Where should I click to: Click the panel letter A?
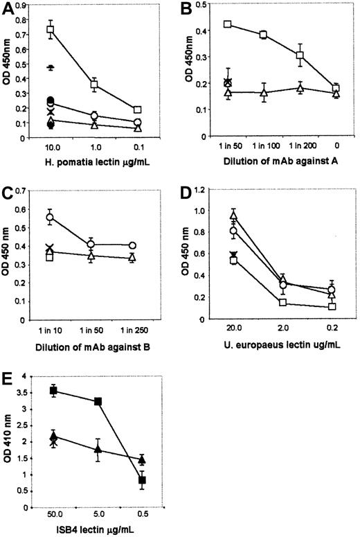(x=9, y=9)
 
